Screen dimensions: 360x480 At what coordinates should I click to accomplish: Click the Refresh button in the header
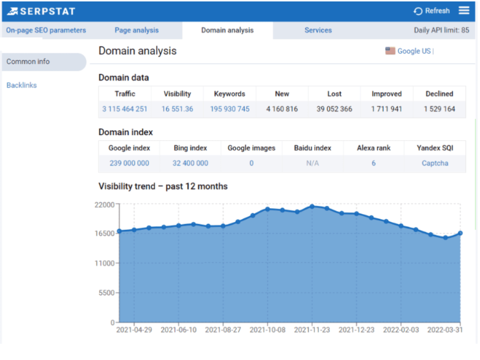click(432, 11)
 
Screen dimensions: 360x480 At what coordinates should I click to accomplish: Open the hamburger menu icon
click(464, 11)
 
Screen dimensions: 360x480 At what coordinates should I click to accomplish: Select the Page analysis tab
click(137, 30)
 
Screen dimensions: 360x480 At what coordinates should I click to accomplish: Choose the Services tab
click(318, 30)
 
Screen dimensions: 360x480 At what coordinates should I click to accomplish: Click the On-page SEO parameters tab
click(46, 30)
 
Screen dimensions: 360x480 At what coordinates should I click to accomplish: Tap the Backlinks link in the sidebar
click(22, 85)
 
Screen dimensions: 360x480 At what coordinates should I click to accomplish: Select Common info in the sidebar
click(28, 62)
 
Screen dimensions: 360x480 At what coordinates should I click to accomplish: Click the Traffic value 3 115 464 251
click(125, 109)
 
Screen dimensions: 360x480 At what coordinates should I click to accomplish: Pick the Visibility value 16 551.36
click(177, 109)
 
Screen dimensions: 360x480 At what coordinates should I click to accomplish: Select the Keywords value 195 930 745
click(229, 109)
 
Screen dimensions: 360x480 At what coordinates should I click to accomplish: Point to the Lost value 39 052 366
click(334, 109)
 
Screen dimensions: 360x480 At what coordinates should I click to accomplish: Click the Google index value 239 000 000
click(129, 163)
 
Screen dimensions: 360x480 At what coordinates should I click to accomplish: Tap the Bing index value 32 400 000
click(190, 163)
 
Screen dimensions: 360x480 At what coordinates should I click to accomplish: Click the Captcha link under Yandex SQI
click(435, 163)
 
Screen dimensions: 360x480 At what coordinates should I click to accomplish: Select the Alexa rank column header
click(373, 148)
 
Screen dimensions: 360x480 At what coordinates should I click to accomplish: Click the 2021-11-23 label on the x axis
click(312, 330)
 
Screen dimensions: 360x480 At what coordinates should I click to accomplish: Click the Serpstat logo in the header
click(42, 11)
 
